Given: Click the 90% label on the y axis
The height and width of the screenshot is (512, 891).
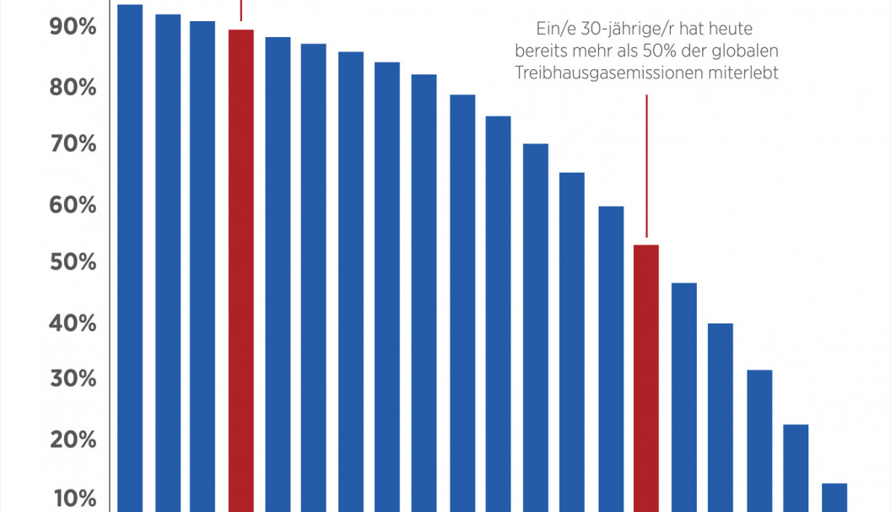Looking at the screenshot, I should [x=73, y=28].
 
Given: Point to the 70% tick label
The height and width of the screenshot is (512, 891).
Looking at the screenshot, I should [x=73, y=144].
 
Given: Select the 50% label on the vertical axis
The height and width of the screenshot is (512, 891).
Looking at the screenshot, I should [x=73, y=262].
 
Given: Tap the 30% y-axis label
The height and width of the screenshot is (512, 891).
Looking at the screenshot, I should [x=73, y=379].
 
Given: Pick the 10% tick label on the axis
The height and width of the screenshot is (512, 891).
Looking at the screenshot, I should [x=73, y=498].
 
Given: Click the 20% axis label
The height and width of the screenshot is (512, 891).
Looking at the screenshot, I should [x=73, y=439].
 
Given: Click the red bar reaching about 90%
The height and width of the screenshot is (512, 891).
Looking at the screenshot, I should [x=241, y=270].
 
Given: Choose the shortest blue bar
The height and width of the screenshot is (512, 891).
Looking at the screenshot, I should [x=834, y=498].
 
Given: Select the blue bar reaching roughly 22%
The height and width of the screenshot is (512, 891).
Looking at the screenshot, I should [x=796, y=467].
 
